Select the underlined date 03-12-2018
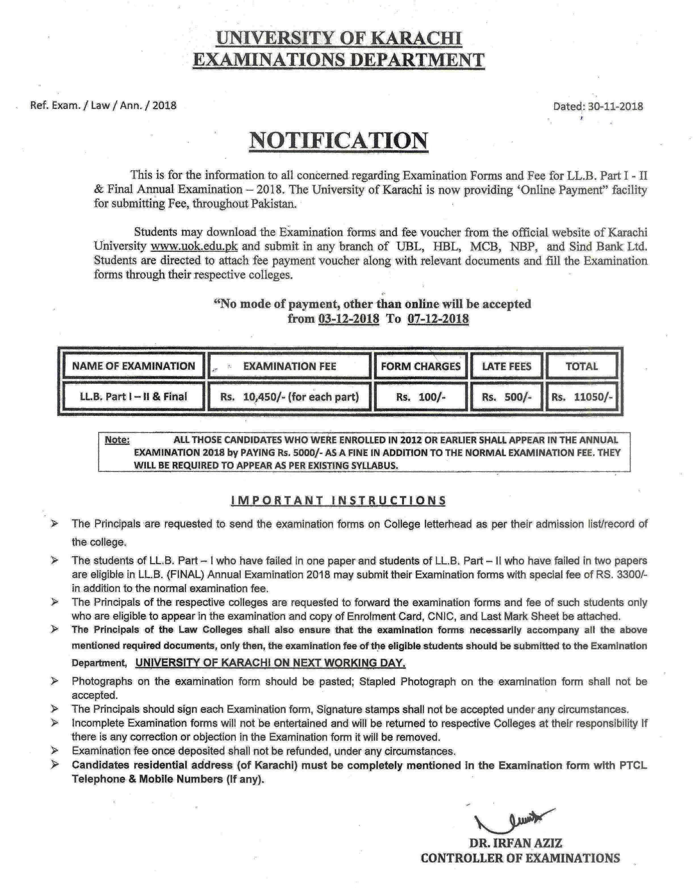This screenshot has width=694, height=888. click(349, 318)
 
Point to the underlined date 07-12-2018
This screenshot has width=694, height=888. click(438, 318)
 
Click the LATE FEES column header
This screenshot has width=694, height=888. click(507, 366)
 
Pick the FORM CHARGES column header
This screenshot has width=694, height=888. click(420, 366)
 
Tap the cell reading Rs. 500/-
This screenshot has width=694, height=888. click(507, 397)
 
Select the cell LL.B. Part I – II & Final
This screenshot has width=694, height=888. click(133, 396)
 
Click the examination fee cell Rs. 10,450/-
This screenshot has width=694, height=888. click(289, 397)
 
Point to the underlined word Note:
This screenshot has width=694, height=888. click(117, 440)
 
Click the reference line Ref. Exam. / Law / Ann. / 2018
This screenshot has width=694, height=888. click(103, 106)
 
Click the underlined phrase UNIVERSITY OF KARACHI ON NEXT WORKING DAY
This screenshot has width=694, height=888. click(271, 663)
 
